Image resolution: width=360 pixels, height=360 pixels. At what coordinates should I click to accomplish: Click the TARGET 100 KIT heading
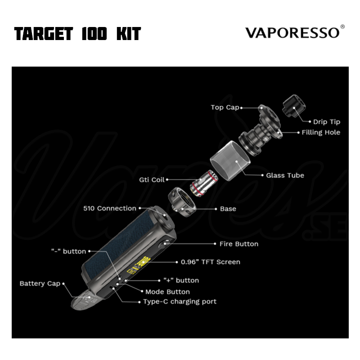(77, 34)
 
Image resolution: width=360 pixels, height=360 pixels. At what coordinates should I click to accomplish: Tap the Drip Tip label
(327, 121)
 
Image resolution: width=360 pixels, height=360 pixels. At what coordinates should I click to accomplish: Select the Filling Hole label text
(321, 132)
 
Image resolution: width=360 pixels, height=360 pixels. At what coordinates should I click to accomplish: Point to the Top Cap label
(225, 107)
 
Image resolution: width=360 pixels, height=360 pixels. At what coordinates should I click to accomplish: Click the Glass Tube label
(285, 175)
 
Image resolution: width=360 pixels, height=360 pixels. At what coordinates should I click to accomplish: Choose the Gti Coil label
(152, 180)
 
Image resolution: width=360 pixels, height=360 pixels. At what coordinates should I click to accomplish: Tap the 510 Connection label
(110, 208)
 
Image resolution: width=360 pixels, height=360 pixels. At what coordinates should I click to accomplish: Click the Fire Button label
(239, 244)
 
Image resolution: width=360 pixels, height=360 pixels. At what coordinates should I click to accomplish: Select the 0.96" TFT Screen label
(210, 262)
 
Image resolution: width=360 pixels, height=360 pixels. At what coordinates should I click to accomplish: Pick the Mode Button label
(167, 292)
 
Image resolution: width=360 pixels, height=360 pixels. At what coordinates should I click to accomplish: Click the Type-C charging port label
(180, 301)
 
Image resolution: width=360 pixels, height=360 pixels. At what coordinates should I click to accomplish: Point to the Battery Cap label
(40, 283)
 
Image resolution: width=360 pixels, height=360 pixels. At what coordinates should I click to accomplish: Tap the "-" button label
(69, 251)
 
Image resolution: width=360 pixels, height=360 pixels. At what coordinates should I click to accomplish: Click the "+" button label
(181, 280)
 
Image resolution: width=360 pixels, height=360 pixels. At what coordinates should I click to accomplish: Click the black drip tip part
(294, 106)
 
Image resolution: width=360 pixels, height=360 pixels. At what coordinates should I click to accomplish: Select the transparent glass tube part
(230, 161)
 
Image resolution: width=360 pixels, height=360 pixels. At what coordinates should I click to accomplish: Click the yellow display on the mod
(139, 265)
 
